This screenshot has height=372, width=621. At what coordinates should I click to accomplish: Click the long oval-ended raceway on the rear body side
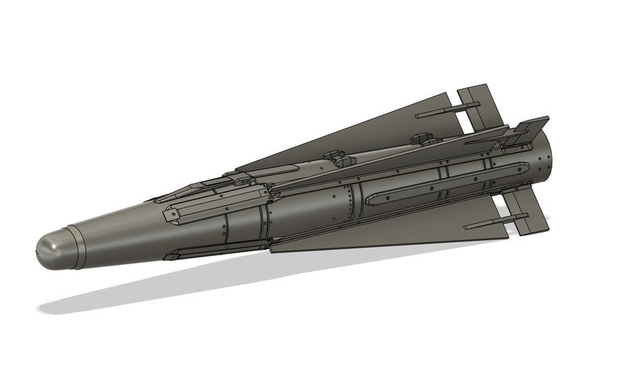(442, 184)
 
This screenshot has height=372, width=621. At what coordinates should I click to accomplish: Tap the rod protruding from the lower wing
(486, 225)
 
